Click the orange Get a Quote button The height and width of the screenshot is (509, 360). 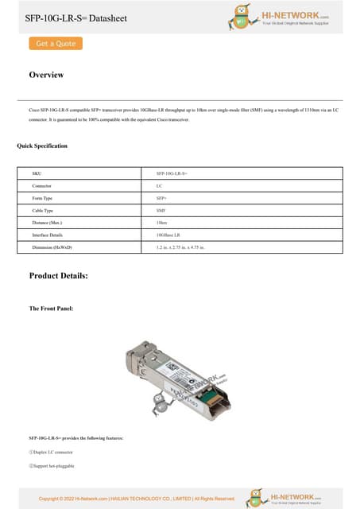56,44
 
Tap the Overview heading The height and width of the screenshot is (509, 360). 46,75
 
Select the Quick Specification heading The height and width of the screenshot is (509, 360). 42,146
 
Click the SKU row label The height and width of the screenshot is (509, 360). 36,173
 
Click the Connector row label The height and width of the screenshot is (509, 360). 42,185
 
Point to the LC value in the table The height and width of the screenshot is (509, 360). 160,185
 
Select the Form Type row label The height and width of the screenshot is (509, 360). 42,198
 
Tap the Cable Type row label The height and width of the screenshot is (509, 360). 43,211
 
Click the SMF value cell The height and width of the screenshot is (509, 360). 161,211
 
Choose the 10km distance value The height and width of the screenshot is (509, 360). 162,223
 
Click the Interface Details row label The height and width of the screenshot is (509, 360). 47,236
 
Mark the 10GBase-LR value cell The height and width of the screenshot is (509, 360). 168,236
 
